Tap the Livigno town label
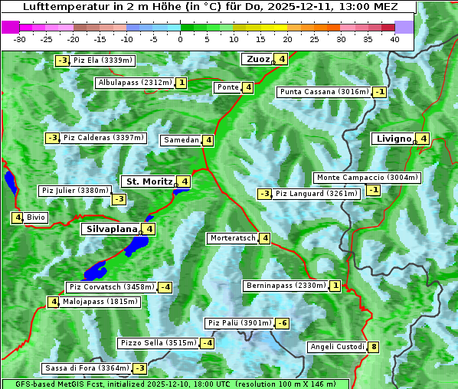coord(393,139)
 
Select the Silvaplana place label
coord(111,228)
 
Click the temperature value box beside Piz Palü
coord(283,323)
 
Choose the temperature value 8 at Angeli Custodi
coord(373,347)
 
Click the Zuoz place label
coord(257,59)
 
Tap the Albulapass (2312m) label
coord(135,83)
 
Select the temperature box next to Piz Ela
coord(62,60)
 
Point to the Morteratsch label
coord(232,238)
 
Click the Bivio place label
coord(36,217)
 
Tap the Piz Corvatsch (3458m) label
coord(110,287)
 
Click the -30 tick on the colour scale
coord(20,39)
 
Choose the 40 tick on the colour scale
coord(394,39)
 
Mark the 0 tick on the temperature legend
coord(180,39)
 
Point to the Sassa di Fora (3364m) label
coord(86,368)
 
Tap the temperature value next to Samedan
coord(208,140)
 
